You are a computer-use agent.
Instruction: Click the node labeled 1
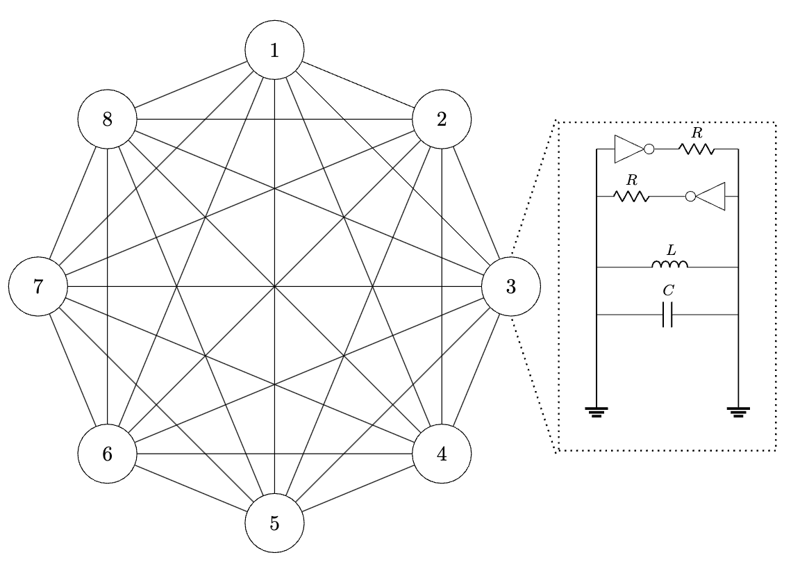(x=275, y=51)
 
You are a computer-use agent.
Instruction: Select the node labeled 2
(x=442, y=119)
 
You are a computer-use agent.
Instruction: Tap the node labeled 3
(x=511, y=287)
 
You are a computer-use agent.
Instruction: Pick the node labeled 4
(x=442, y=454)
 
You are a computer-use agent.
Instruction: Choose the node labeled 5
(x=275, y=523)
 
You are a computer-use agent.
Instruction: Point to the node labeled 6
(x=107, y=454)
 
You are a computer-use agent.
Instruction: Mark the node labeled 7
(x=38, y=287)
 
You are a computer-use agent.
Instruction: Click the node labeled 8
(x=107, y=119)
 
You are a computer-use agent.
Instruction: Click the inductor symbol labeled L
(x=669, y=265)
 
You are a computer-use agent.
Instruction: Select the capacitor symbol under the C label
(x=668, y=315)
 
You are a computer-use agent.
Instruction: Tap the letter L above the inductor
(x=668, y=249)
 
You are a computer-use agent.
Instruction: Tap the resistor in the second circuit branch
(x=632, y=197)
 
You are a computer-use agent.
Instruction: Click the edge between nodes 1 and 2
(x=358, y=85)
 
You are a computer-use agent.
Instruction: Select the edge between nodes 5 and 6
(x=191, y=489)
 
